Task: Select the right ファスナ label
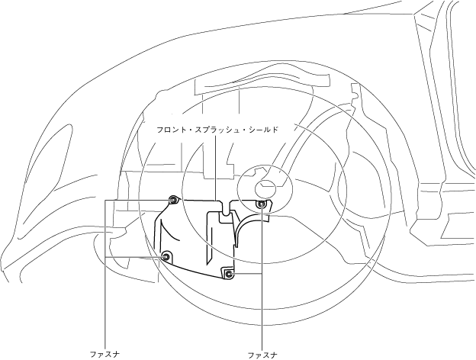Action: tap(262, 354)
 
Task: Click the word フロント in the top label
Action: tap(169, 130)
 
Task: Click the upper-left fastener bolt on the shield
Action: tap(174, 200)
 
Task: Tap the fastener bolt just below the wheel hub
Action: tap(262, 204)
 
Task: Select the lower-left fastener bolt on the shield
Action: tap(167, 256)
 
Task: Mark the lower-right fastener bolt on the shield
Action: tap(228, 272)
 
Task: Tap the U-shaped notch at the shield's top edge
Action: tap(226, 204)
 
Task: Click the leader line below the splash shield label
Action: tap(216, 168)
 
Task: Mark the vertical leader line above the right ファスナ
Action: tap(262, 282)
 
